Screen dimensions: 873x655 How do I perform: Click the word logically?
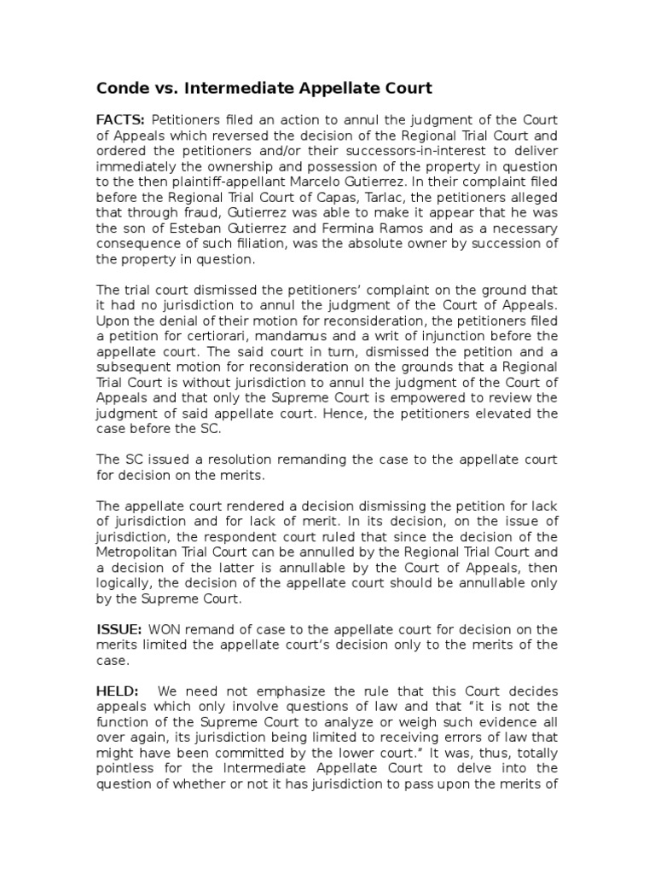pyautogui.click(x=122, y=582)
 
